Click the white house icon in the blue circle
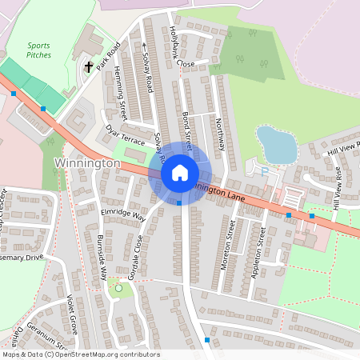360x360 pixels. coord(180,173)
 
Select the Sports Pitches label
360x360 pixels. coord(38,51)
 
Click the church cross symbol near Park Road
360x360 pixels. coord(87,67)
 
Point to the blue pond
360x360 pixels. coord(276,145)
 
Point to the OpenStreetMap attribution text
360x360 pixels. coord(81,354)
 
